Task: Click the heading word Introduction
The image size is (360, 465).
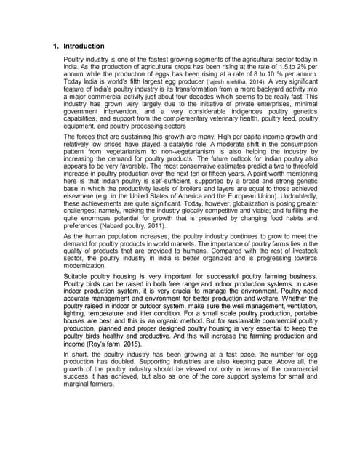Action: [86, 46]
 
